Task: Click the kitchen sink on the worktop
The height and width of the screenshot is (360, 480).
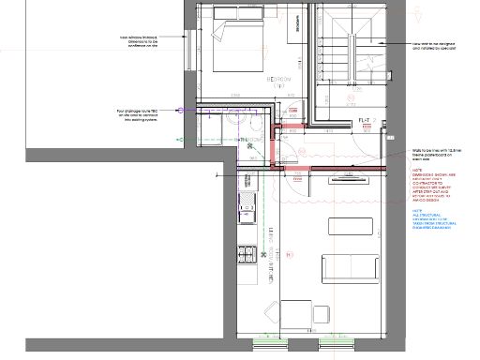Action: (248, 208)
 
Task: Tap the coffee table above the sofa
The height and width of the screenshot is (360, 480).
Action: (342, 227)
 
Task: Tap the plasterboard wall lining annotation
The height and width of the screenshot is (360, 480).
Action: (435, 155)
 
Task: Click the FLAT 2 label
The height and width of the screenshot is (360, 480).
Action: (367, 121)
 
